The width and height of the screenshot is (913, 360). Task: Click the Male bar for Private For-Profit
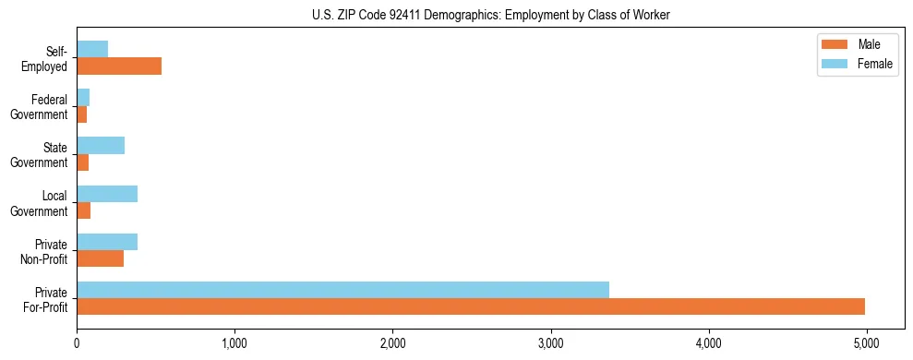click(x=471, y=306)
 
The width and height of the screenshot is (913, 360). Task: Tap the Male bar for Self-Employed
click(x=119, y=66)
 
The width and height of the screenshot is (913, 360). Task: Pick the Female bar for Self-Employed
click(x=92, y=49)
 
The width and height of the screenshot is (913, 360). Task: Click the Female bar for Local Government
click(x=107, y=193)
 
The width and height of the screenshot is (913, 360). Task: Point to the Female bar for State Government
click(x=101, y=145)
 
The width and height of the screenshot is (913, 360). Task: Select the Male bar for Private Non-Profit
click(x=101, y=258)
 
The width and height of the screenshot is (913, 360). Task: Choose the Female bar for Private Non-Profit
click(x=107, y=242)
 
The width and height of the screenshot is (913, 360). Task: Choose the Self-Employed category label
click(x=45, y=58)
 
